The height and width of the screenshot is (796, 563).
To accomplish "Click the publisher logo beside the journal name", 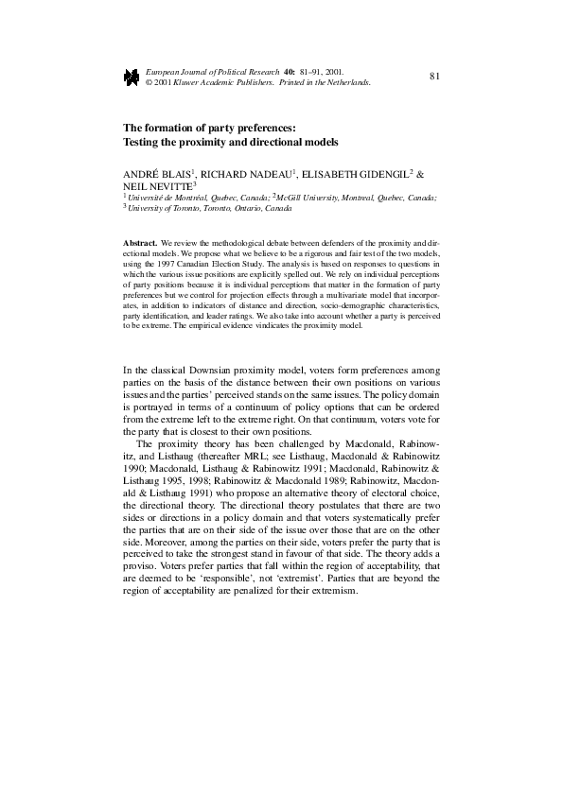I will [131, 78].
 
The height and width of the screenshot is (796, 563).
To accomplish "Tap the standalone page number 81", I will [435, 75].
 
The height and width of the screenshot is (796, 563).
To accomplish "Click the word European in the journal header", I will [167, 71].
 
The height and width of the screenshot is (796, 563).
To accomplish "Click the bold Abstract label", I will [141, 244].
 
